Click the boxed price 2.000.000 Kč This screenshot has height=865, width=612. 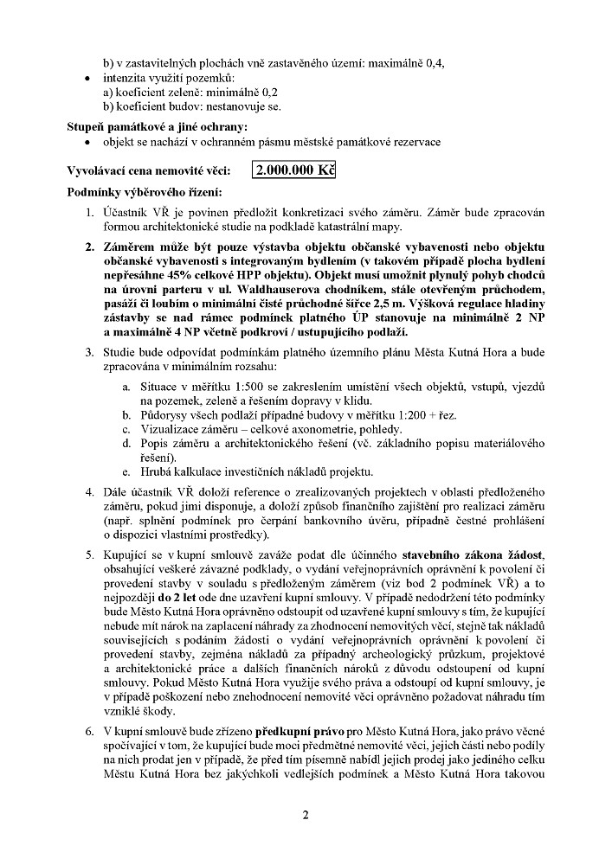click(293, 170)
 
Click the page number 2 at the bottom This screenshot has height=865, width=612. click(306, 814)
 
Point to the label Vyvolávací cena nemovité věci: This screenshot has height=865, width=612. click(148, 170)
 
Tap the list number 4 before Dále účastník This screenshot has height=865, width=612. click(89, 493)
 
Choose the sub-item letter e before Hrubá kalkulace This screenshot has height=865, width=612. click(126, 471)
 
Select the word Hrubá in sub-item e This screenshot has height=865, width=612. click(157, 471)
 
